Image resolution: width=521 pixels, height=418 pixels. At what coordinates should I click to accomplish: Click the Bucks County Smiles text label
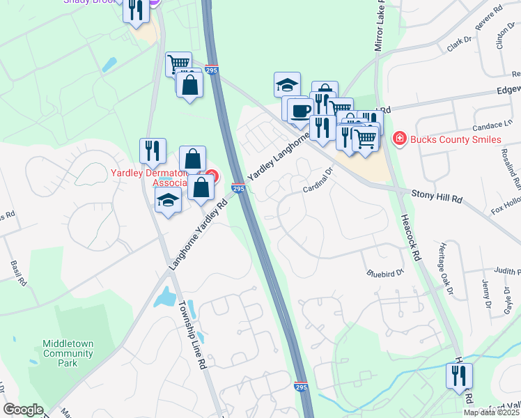pyautogui.click(x=455, y=139)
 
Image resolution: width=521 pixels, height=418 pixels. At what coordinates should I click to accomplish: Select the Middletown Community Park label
pyautogui.click(x=68, y=353)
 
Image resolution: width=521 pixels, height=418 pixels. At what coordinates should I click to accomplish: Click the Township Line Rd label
pyautogui.click(x=192, y=334)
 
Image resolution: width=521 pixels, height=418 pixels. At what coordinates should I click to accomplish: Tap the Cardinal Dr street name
pyautogui.click(x=318, y=180)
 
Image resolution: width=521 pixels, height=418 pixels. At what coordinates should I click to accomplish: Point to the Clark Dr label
pyautogui.click(x=460, y=45)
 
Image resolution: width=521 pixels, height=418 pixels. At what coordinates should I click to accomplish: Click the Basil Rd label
pyautogui.click(x=18, y=274)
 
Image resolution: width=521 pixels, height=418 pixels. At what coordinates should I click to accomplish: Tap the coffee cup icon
pyautogui.click(x=300, y=110)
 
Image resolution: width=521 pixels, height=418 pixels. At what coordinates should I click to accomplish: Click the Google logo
pyautogui.click(x=23, y=410)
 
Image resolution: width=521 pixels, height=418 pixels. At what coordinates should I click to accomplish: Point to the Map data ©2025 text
pyautogui.click(x=491, y=412)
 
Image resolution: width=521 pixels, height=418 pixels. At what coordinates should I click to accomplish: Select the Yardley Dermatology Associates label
pyautogui.click(x=150, y=178)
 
